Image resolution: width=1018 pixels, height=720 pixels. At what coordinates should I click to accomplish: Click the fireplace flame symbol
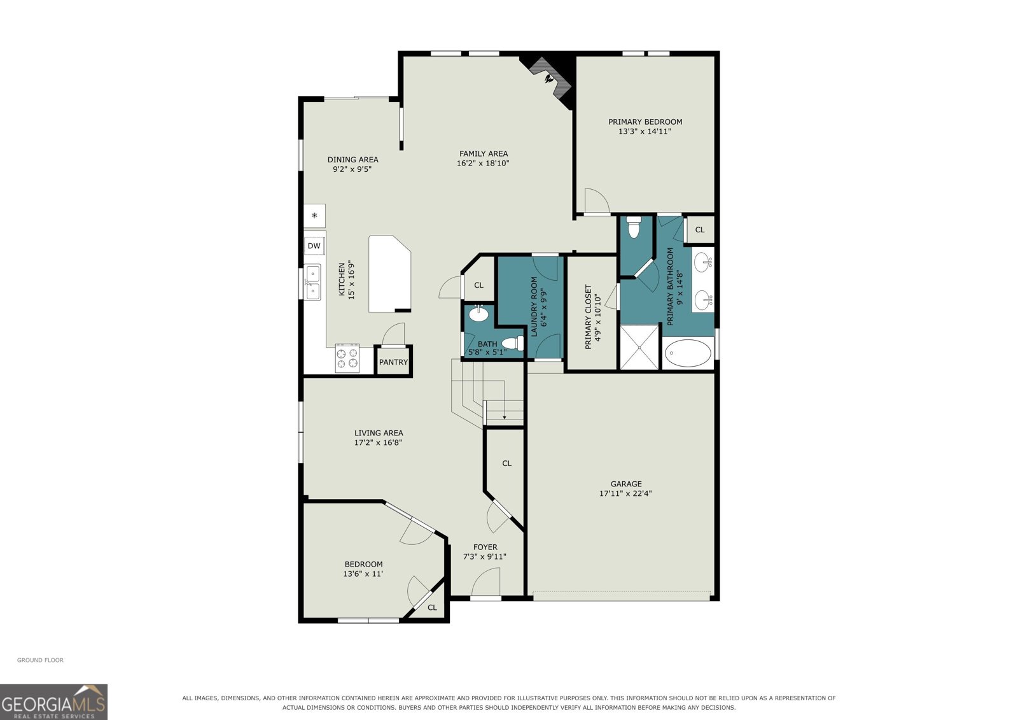pyautogui.click(x=549, y=79)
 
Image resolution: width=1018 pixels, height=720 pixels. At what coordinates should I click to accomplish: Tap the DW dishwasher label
pyautogui.click(x=314, y=246)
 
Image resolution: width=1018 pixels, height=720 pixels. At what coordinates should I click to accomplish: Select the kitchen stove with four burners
pyautogui.click(x=347, y=358)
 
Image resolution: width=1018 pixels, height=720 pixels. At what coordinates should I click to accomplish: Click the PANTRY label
pyautogui.click(x=394, y=362)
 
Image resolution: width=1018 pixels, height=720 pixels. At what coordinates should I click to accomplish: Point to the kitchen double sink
pyautogui.click(x=312, y=283)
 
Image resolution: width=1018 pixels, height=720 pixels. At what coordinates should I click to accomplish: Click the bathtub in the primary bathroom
pyautogui.click(x=688, y=353)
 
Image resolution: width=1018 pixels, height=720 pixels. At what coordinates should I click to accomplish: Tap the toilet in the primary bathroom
pyautogui.click(x=634, y=227)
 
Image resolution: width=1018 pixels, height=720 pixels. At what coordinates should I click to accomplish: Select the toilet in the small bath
pyautogui.click(x=512, y=343)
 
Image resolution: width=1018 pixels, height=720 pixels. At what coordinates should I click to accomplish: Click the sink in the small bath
pyautogui.click(x=478, y=313)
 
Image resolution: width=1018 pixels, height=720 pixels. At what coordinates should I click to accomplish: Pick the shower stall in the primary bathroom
pyautogui.click(x=639, y=347)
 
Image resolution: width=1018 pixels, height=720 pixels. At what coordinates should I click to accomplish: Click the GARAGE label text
pyautogui.click(x=626, y=484)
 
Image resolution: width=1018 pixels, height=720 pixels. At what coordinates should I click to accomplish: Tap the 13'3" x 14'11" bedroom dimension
pyautogui.click(x=645, y=131)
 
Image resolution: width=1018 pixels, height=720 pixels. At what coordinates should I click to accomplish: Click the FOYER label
pyautogui.click(x=485, y=547)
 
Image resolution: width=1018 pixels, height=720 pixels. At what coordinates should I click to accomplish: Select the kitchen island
pyautogui.click(x=389, y=274)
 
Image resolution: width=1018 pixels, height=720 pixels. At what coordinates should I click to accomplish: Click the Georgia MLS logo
pyautogui.click(x=53, y=702)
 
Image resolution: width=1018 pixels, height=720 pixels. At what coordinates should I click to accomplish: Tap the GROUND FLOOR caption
pyautogui.click(x=41, y=660)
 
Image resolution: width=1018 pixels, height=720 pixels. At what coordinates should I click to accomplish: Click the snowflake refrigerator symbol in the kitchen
pyautogui.click(x=314, y=216)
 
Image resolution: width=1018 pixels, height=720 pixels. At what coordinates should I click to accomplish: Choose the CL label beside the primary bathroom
pyautogui.click(x=700, y=230)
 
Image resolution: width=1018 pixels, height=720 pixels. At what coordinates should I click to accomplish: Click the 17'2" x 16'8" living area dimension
pyautogui.click(x=378, y=442)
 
